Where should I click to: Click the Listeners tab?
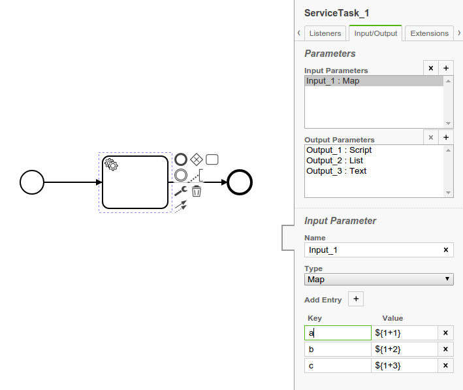click(325, 33)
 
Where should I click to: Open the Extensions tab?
click(429, 33)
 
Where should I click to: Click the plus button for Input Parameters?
click(446, 68)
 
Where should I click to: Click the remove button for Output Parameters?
click(430, 137)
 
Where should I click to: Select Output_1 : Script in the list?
click(339, 150)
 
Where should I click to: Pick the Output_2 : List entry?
click(334, 161)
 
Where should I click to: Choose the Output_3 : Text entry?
click(336, 171)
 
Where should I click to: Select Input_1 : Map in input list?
click(333, 81)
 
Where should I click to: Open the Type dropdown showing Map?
click(379, 280)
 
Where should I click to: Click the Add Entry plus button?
click(356, 299)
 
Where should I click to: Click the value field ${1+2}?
click(405, 349)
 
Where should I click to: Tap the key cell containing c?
click(338, 366)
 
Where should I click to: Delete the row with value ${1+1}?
click(445, 333)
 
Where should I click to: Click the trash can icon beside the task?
click(197, 191)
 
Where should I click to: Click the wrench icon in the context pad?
click(180, 191)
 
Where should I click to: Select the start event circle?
click(32, 182)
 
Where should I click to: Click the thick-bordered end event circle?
click(240, 182)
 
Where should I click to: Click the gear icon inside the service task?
click(112, 165)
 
